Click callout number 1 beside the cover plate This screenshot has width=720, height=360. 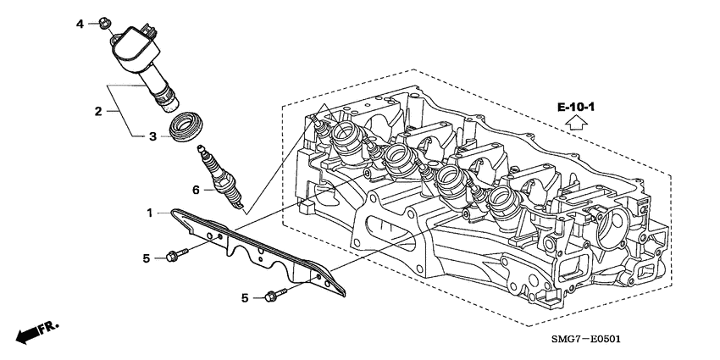[x=151, y=213]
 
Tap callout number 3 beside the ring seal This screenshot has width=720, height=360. [x=152, y=136]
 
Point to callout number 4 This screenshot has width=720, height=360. [x=80, y=24]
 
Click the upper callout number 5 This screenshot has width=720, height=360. [x=146, y=258]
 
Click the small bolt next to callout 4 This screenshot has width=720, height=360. [x=103, y=21]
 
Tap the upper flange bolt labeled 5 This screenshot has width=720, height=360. [x=178, y=253]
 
